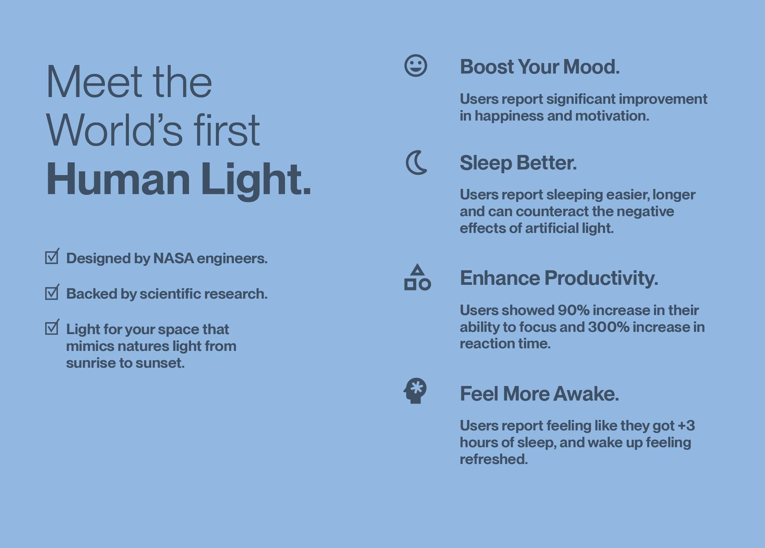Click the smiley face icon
(x=416, y=65)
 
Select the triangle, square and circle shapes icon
(x=417, y=277)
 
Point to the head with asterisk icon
(x=415, y=391)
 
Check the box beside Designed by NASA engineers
(x=52, y=257)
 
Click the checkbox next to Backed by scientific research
(x=52, y=292)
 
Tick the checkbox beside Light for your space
(x=52, y=327)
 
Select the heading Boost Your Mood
(x=540, y=67)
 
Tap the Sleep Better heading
(x=518, y=163)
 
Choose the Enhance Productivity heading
(x=559, y=278)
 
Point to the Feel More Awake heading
(x=539, y=394)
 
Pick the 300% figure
(x=609, y=327)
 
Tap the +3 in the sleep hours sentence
(x=686, y=426)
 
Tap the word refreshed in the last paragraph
(x=494, y=459)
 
